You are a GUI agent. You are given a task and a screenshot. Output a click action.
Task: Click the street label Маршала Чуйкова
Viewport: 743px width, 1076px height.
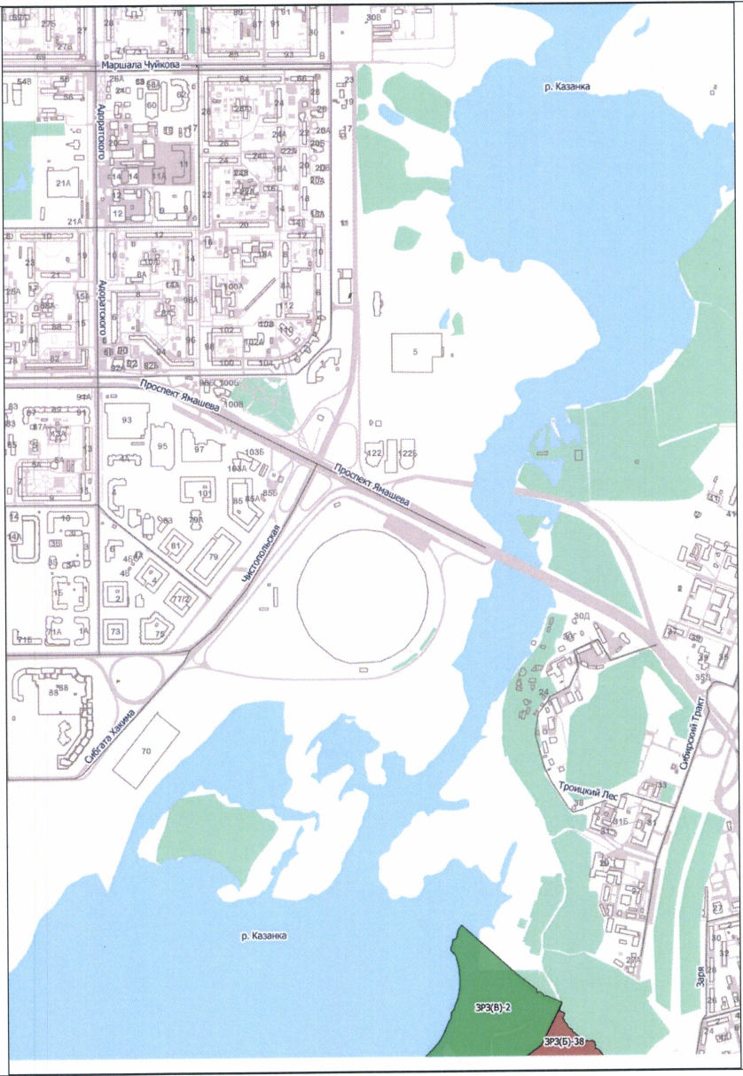(x=141, y=65)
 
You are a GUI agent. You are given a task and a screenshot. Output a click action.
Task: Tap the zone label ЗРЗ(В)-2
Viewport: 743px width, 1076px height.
(x=488, y=1009)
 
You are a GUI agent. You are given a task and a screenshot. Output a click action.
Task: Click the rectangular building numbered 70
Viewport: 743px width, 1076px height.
(x=146, y=750)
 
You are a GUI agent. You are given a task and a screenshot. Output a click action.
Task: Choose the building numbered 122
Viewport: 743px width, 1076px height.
(x=375, y=452)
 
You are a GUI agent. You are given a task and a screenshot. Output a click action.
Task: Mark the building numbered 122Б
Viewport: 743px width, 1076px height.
(x=406, y=452)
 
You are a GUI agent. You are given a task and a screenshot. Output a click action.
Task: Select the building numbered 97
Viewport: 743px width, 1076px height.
(x=199, y=449)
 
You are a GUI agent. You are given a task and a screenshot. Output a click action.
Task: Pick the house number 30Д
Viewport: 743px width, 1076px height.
(x=582, y=617)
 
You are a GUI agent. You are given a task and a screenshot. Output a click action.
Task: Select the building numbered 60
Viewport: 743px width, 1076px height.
(x=151, y=106)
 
